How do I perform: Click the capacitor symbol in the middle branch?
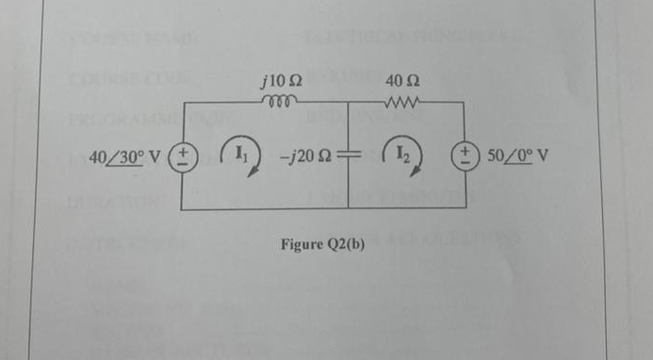349,155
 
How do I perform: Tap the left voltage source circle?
184,155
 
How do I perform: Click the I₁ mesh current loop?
239,152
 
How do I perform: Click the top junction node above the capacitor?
349,102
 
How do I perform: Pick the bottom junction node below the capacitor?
349,208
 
